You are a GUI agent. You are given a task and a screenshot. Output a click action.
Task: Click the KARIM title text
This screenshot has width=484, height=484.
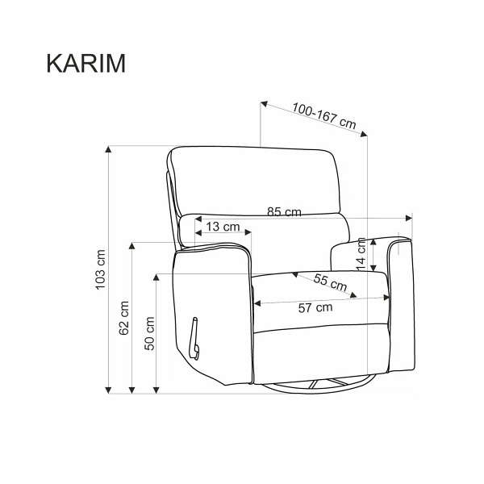click(x=86, y=63)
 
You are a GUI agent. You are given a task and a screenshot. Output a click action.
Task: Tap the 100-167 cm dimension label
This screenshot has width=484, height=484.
click(x=324, y=115)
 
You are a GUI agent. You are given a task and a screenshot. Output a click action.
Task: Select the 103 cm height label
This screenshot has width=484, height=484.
click(x=101, y=269)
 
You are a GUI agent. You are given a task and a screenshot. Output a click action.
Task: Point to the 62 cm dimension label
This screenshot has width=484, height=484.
click(x=123, y=318)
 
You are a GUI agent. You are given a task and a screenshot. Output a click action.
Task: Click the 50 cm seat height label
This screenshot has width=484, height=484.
click(x=149, y=333)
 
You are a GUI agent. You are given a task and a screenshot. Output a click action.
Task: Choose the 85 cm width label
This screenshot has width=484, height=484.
click(x=284, y=211)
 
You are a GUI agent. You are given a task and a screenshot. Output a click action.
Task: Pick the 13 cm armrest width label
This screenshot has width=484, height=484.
click(x=223, y=227)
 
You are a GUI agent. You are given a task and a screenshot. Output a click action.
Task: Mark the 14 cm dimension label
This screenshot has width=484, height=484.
click(x=361, y=254)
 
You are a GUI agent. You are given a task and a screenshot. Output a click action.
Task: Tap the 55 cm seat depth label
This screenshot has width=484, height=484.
click(x=330, y=282)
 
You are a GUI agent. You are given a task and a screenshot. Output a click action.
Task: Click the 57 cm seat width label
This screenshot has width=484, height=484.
click(x=315, y=308)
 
